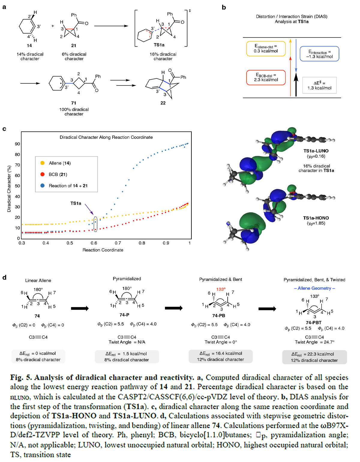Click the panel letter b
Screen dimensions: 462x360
(224, 7)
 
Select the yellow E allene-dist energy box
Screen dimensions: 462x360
(265, 49)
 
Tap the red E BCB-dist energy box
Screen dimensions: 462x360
(266, 77)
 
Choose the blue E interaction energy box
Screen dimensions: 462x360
(319, 54)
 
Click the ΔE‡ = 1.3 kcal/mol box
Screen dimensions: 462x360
(319, 85)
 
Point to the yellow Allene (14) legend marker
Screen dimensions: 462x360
(43, 163)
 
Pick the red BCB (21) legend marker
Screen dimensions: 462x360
(43, 174)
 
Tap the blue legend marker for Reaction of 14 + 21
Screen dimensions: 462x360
(43, 186)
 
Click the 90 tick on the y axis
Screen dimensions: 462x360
(17, 144)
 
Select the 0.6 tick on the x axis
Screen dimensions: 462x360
(94, 243)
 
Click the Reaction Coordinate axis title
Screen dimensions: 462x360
(103, 250)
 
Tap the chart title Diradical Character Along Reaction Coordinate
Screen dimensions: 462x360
(106, 137)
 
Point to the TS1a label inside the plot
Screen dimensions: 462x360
(76, 203)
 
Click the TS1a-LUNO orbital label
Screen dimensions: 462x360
(316, 151)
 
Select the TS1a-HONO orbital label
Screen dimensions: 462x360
(316, 218)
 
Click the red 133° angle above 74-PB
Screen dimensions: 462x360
(221, 289)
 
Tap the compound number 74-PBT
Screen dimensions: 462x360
(313, 323)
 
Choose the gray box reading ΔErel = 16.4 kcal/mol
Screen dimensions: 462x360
(220, 356)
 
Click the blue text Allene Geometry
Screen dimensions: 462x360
(314, 288)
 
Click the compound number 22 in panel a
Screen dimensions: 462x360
(163, 103)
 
